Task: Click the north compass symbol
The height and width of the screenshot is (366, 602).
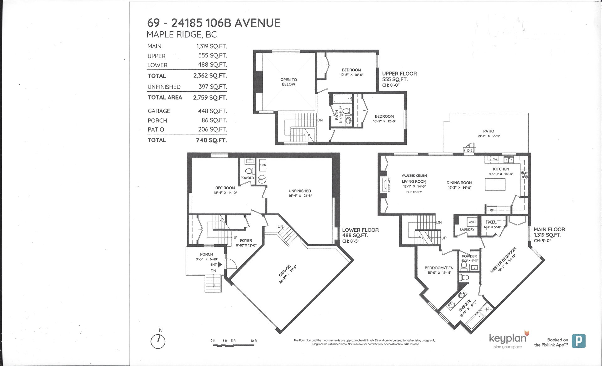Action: coord(158,341)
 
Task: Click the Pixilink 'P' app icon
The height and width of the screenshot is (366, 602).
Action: coord(578,341)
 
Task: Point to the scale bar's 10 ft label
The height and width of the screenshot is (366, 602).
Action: coord(254,341)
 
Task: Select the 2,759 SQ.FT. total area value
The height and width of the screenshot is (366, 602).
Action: coord(210,98)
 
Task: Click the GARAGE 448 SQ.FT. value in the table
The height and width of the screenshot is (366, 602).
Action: coord(212,111)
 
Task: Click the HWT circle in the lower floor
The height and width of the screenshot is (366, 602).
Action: coord(262,180)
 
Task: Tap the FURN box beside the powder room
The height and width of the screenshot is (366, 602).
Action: coord(262,165)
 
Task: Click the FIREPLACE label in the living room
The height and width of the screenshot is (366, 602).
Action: coord(389,185)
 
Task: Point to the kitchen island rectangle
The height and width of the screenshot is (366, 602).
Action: coord(495,184)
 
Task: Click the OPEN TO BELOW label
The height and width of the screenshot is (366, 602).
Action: coord(288,82)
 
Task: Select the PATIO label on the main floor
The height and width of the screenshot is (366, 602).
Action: coord(488,131)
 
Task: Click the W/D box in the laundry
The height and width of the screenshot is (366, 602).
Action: coord(472,222)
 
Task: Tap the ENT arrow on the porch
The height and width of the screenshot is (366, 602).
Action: coord(220,265)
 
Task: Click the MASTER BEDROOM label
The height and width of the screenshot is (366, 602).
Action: coord(503,260)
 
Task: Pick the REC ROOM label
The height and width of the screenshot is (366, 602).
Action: coord(225,188)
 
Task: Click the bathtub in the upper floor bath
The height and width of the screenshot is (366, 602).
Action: coord(342,99)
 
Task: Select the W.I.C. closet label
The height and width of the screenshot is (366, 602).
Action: coord(492,222)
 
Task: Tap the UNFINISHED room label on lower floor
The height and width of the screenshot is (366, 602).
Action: coord(300,191)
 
